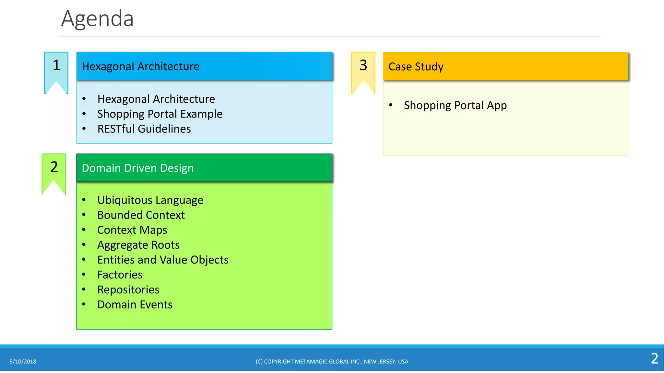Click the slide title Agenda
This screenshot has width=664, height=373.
97,19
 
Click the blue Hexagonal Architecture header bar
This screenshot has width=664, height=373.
204,66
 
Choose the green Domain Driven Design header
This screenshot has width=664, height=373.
204,168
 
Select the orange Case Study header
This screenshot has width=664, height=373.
505,66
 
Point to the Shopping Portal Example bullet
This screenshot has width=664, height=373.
160,114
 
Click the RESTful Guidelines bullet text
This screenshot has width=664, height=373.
144,129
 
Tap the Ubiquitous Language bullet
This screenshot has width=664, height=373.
150,200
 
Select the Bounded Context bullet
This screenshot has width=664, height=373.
141,215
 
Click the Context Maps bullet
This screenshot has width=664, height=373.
132,230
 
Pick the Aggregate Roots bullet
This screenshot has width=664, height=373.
138,245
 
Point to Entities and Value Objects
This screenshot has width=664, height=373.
163,260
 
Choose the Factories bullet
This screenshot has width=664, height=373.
120,275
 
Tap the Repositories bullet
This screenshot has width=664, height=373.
128,289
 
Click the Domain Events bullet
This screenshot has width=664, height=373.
135,304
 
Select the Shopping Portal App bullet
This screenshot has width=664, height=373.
455,106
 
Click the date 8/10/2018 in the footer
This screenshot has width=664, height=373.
23,362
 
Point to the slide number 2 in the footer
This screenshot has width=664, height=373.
654,359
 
